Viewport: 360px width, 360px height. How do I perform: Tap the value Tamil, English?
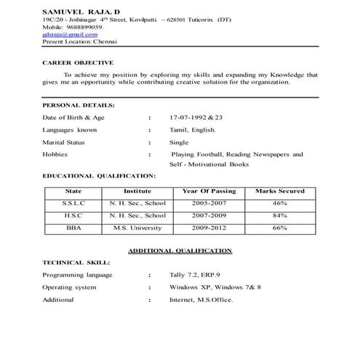point(192,130)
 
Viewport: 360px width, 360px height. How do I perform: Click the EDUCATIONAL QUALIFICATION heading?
point(99,176)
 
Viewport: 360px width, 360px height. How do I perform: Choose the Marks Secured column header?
point(280,191)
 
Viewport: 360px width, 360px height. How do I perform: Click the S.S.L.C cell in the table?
point(73,204)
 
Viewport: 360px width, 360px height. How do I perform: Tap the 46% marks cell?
point(280,204)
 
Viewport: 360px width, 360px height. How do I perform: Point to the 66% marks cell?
point(280,228)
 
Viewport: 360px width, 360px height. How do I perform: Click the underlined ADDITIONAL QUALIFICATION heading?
point(180,250)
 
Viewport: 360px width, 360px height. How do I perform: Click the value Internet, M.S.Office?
point(201,299)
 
